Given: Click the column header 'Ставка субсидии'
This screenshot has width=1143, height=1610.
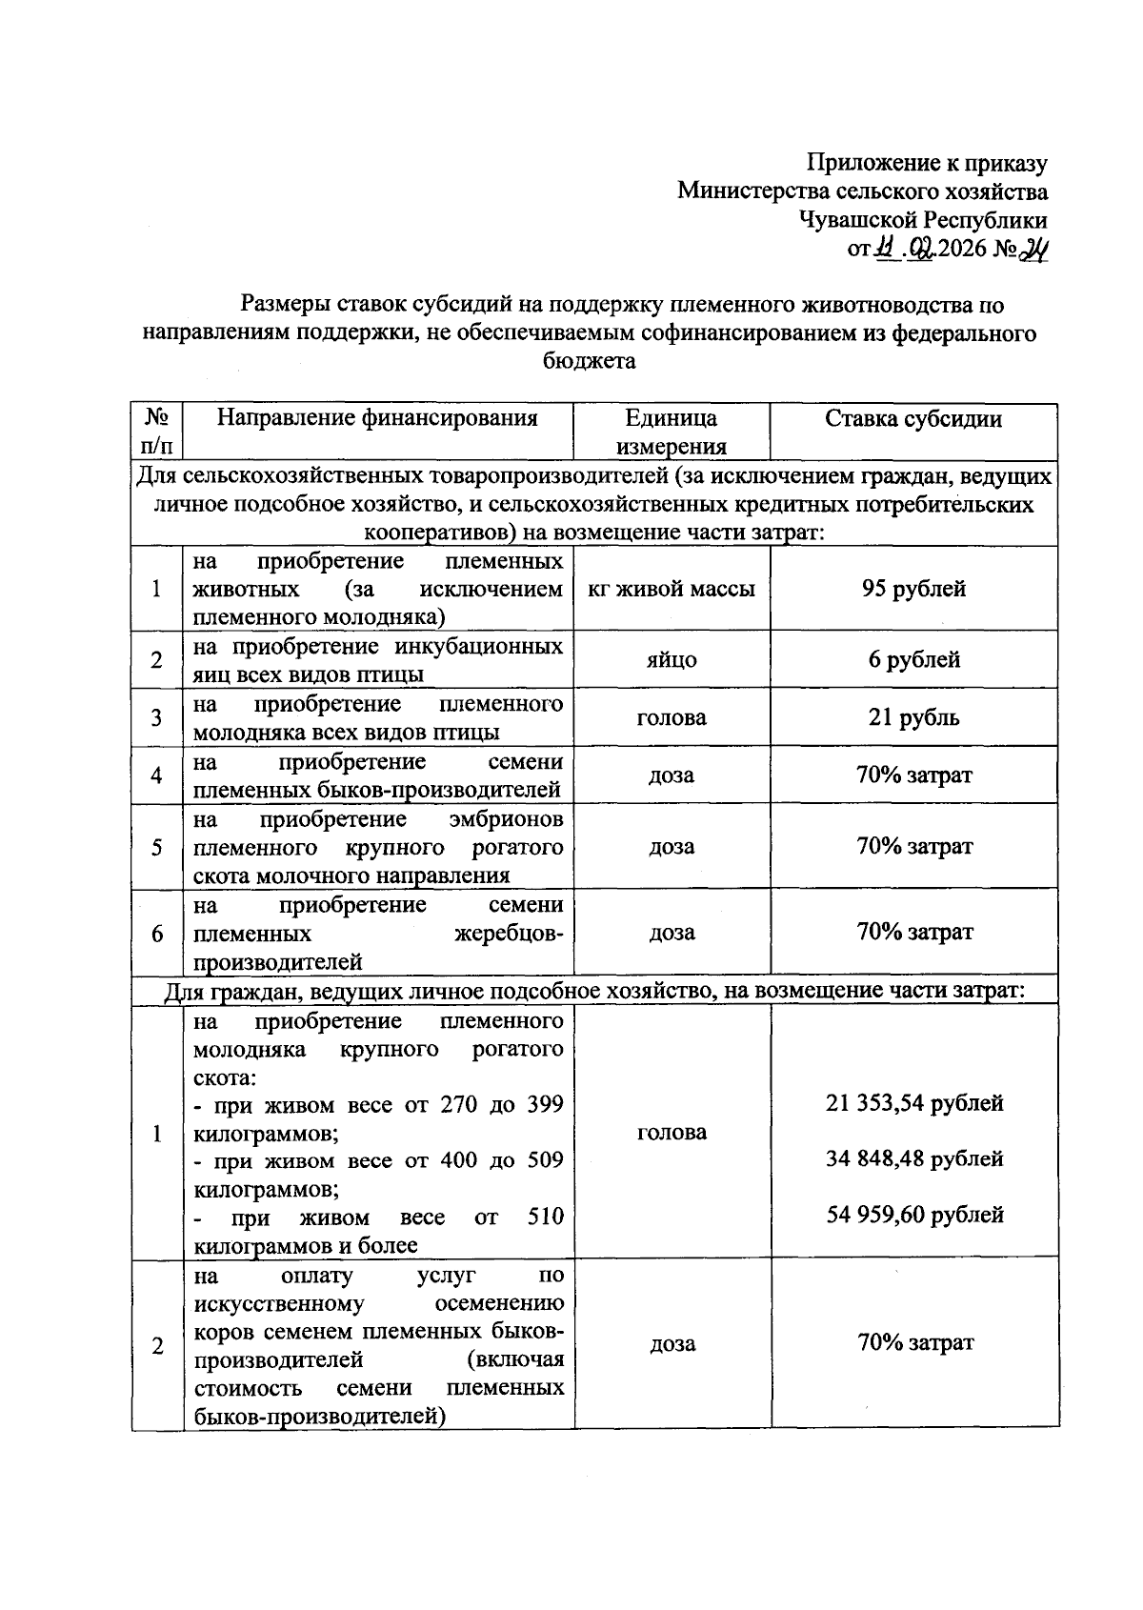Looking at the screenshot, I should coord(912,418).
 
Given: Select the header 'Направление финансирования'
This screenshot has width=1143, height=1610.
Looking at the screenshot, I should coord(377,418).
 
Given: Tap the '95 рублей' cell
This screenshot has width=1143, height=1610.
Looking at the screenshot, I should coord(912,589).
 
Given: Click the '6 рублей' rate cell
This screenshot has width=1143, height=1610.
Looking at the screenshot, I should coord(912,659).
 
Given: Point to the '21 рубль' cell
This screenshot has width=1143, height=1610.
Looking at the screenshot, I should coord(912,717).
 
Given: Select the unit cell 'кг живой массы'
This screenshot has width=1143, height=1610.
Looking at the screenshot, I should coord(672,589).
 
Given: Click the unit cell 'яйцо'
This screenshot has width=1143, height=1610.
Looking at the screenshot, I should coord(672,659).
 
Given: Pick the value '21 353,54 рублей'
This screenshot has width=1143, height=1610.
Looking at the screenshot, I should coord(913,1103).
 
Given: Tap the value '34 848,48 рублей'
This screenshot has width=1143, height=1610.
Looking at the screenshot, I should coord(913,1158).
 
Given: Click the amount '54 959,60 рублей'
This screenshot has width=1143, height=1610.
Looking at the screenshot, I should coord(913,1215).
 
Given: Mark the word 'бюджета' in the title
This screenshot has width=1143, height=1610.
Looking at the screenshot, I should coord(589,361).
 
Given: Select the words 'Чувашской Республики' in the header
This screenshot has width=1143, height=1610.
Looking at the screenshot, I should coord(923,220).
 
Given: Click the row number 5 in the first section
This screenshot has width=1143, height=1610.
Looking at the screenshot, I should coord(157,847).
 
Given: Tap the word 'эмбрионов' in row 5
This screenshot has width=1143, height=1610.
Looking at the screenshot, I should coord(506,819).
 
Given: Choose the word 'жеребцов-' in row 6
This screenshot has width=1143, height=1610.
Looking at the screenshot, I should coord(509,933).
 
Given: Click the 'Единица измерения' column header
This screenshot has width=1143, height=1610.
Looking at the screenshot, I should coord(672,432).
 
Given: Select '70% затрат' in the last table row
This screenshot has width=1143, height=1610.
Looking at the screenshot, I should coord(914,1342).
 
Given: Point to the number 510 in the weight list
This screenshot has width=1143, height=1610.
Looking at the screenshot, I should coord(546,1217).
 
